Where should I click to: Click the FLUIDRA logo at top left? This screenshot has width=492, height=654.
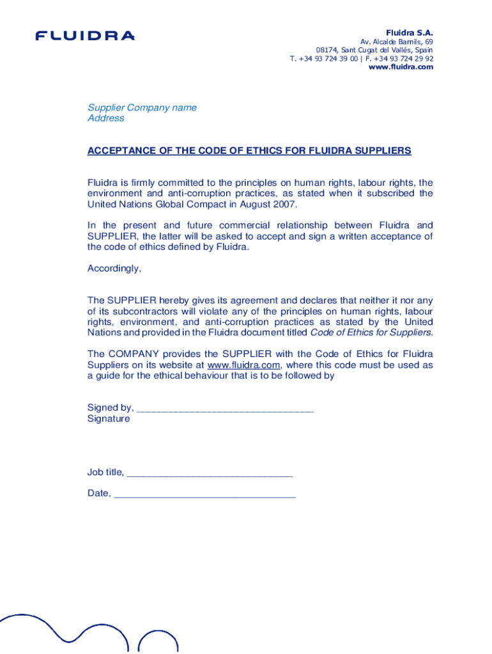coord(85,36)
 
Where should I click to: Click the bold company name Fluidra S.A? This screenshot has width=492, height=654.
coord(409,32)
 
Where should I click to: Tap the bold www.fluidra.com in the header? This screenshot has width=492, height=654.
coord(401,67)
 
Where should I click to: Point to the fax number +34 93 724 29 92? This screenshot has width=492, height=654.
coord(403,58)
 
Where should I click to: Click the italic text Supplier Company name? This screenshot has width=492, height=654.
coord(142,107)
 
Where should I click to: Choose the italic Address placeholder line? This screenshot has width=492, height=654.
coord(105,118)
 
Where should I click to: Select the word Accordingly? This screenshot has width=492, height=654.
coord(114,268)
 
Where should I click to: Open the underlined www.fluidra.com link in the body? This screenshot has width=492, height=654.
coord(243,365)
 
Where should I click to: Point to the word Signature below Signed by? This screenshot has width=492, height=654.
coord(109,419)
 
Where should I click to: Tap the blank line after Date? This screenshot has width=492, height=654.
coord(204,494)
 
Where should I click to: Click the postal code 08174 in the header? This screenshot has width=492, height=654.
coord(327,50)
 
